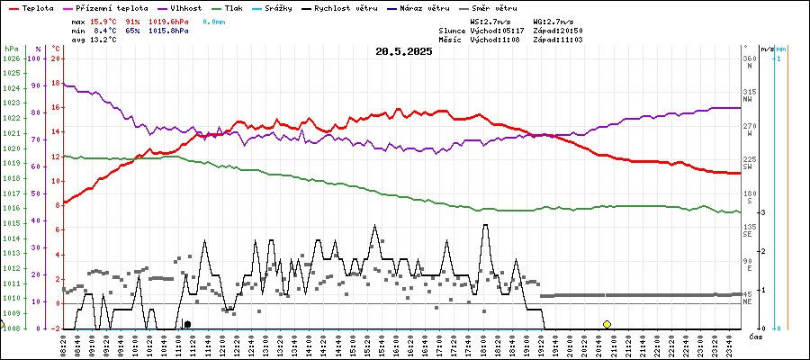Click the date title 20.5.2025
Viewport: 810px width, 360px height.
coord(404,51)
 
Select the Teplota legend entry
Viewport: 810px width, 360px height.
coord(31,7)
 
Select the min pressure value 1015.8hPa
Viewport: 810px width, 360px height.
coord(169,30)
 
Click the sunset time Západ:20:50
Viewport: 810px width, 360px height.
coord(558,30)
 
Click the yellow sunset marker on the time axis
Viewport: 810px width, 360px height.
coord(607,324)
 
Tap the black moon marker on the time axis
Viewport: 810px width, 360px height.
coord(187,324)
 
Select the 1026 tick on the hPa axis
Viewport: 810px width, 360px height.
coord(11,59)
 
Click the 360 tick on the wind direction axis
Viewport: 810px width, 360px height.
coord(749,59)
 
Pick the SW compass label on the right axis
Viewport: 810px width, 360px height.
coord(748,167)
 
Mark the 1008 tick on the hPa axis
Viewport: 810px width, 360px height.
coord(11,328)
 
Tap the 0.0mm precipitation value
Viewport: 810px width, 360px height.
coord(214,20)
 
